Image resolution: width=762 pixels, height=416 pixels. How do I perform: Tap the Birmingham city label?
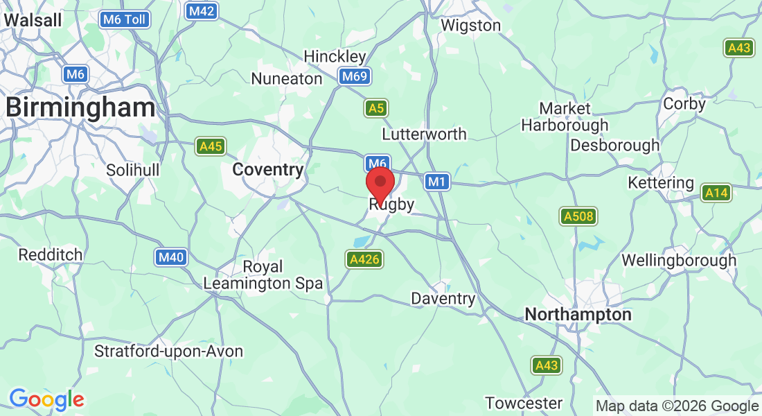pyautogui.click(x=80, y=107)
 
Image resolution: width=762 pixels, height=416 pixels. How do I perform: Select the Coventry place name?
pyautogui.click(x=268, y=170)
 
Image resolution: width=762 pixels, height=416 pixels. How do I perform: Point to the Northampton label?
pyautogui.click(x=578, y=315)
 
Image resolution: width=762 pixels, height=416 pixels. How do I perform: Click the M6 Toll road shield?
pyautogui.click(x=125, y=19)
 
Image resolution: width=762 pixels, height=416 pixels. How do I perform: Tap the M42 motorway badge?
pyautogui.click(x=202, y=11)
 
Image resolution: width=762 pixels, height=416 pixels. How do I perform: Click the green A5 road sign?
pyautogui.click(x=375, y=108)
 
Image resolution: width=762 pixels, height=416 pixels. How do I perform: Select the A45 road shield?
pyautogui.click(x=211, y=146)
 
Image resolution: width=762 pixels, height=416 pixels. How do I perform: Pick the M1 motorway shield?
pyautogui.click(x=436, y=182)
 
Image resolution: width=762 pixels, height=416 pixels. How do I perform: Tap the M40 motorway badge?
pyautogui.click(x=170, y=258)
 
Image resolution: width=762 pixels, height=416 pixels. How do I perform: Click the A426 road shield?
pyautogui.click(x=364, y=259)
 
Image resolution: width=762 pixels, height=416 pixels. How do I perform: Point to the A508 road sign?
pyautogui.click(x=578, y=217)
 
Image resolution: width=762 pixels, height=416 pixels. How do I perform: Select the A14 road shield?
pyautogui.click(x=716, y=193)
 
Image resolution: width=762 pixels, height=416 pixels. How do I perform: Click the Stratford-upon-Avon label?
pyautogui.click(x=169, y=352)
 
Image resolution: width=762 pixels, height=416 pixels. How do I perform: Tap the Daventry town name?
pyautogui.click(x=443, y=299)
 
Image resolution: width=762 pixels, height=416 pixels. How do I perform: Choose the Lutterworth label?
pyautogui.click(x=425, y=134)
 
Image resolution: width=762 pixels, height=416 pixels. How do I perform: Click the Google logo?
pyautogui.click(x=46, y=399)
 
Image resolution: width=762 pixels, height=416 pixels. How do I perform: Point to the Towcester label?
pyautogui.click(x=524, y=403)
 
